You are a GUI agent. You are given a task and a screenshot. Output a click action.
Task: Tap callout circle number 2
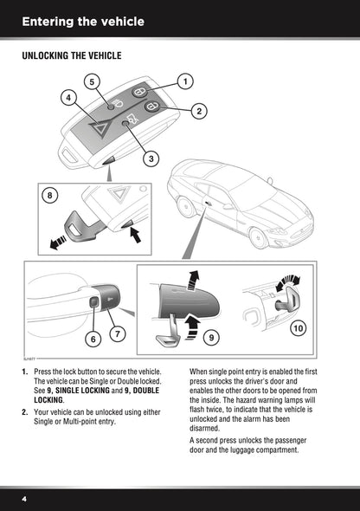pos(198,111)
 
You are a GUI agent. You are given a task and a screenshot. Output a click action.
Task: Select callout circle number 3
pos(151,158)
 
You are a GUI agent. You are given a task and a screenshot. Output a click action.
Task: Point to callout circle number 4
pos(67,98)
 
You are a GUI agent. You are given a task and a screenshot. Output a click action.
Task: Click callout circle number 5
pos(91,81)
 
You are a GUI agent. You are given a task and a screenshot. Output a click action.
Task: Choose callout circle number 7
pos(117,330)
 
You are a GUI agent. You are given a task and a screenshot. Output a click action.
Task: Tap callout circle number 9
pos(212,334)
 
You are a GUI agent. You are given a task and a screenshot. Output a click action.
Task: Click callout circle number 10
pos(298,327)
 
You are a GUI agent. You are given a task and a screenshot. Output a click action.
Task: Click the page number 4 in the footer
pos(25,500)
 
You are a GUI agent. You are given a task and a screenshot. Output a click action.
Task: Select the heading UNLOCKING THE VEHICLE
pos(71,55)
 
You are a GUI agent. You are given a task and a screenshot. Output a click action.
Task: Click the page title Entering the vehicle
pos(82,21)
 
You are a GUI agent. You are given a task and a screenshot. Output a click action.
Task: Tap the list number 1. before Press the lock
pos(25,372)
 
